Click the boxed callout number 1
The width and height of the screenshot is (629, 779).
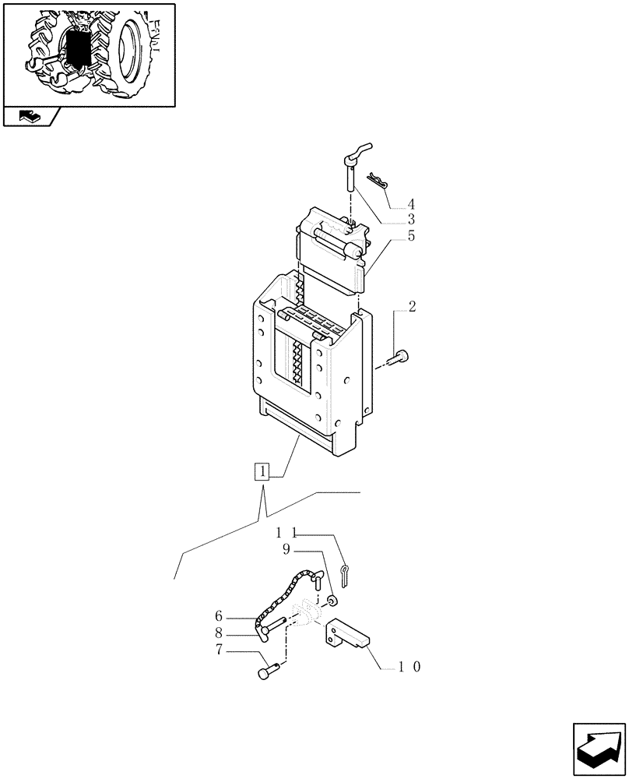pos(263,472)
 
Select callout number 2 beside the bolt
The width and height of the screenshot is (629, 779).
pos(412,306)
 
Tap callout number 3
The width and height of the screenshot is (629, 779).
pos(410,220)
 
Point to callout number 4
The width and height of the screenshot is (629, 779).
pos(410,206)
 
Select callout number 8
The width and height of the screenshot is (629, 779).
pos(220,633)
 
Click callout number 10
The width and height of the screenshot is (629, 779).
pos(409,668)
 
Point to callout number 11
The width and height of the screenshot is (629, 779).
pos(287,534)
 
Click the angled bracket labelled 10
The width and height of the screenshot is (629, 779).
pos(349,632)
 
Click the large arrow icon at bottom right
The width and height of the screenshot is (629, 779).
pos(598,747)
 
